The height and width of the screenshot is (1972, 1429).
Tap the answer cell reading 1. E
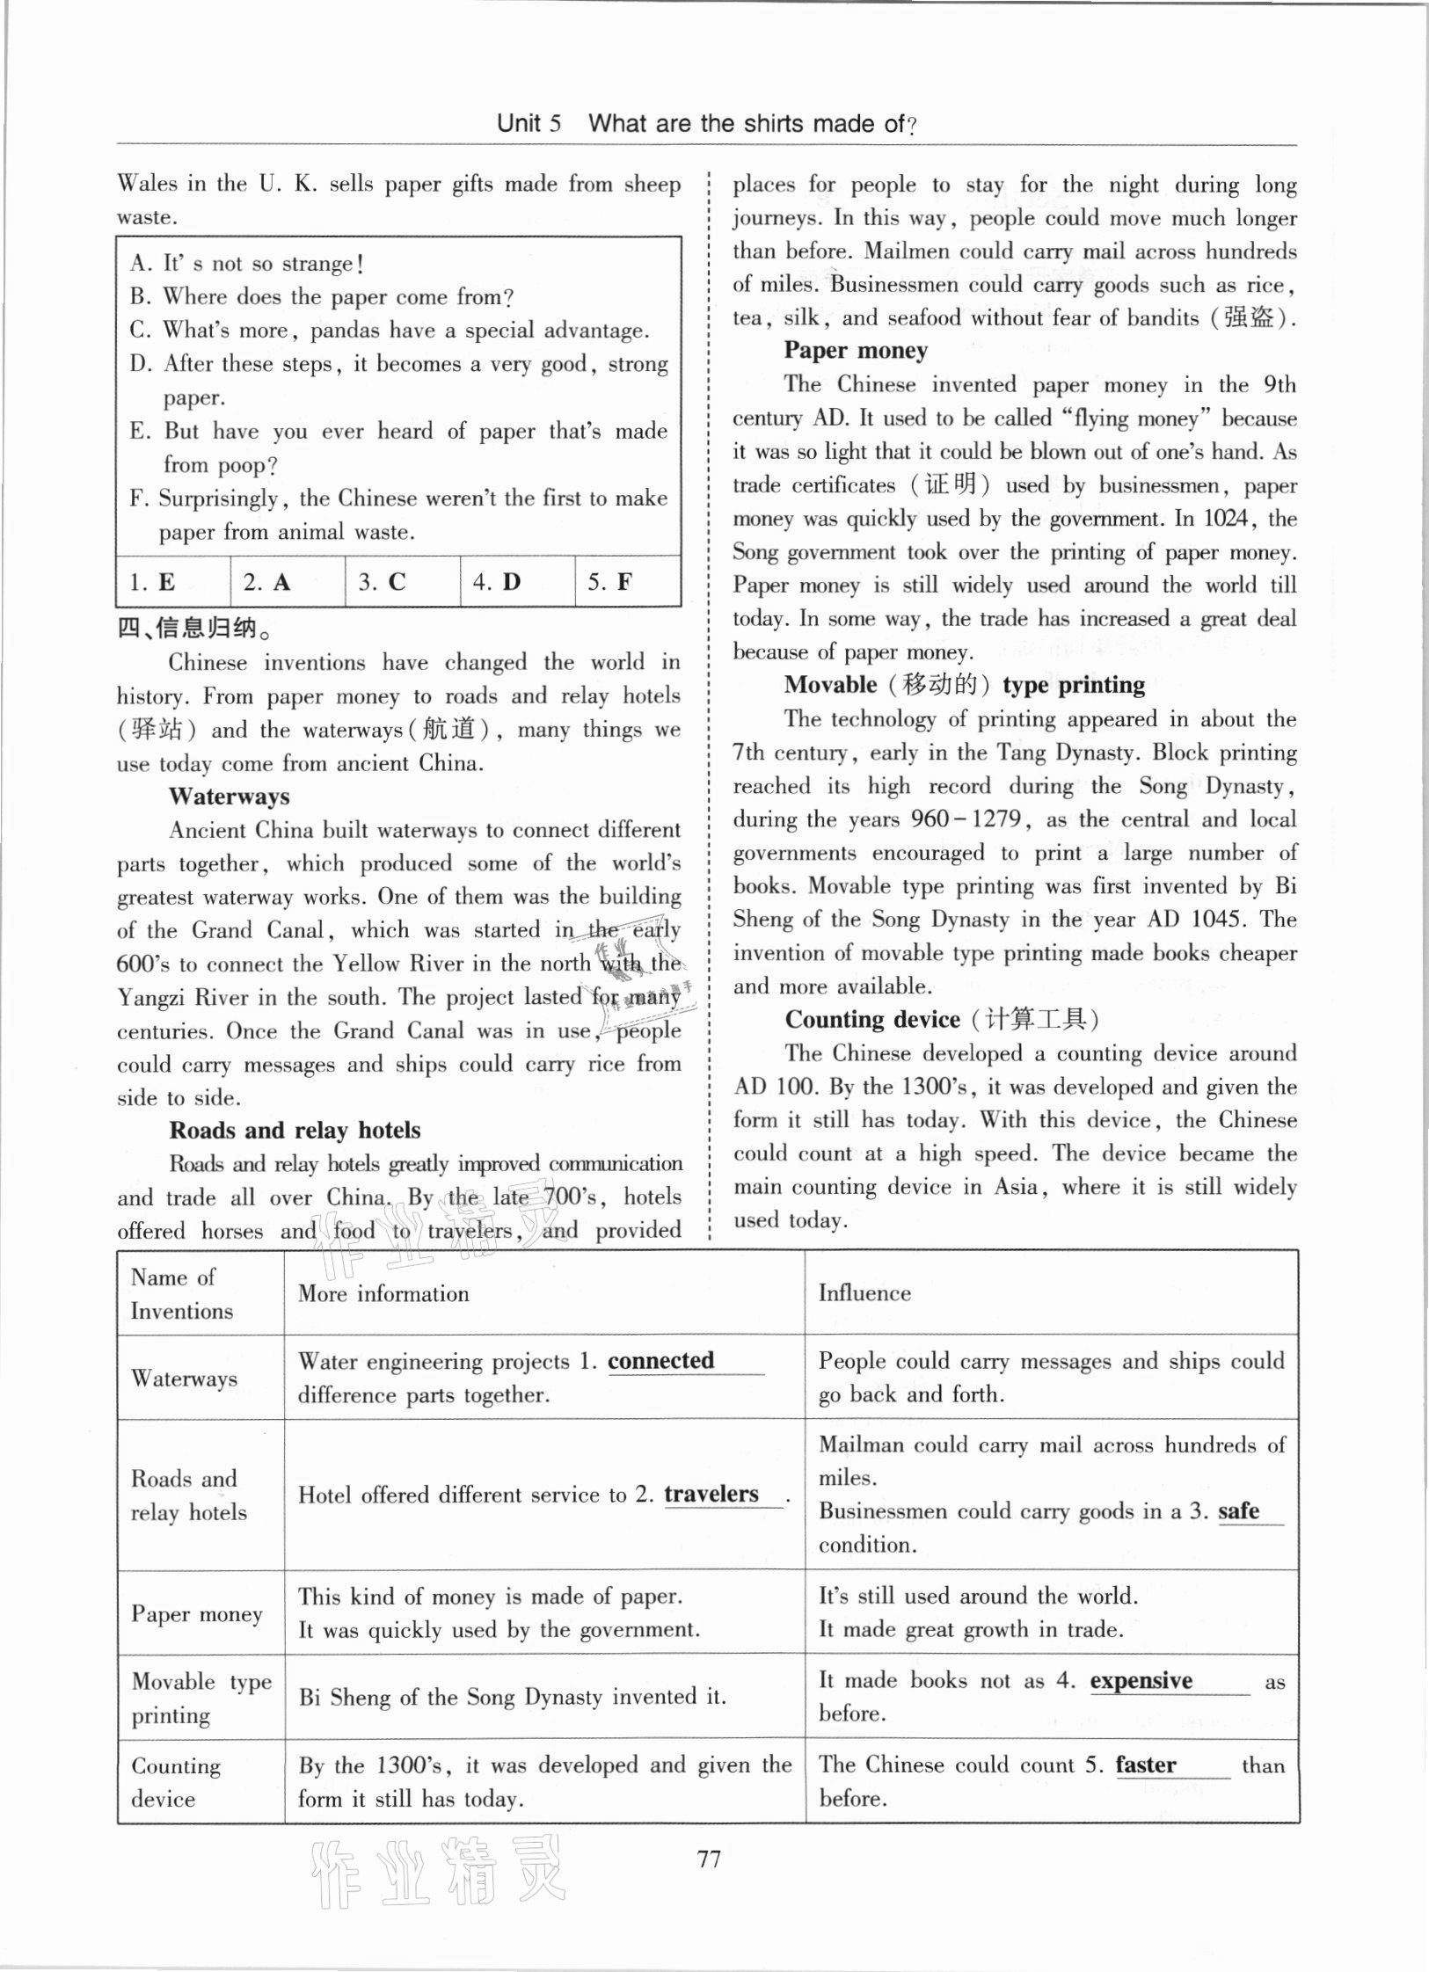pos(172,582)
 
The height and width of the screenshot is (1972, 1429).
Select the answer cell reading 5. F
pos(627,582)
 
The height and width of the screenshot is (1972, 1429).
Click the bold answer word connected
pos(660,1361)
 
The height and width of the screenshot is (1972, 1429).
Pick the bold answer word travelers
pos(711,1495)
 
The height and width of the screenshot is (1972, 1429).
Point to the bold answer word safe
pos(1238,1511)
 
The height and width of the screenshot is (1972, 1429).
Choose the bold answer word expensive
pos(1141,1681)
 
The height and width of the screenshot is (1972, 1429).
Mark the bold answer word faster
pos(1145,1765)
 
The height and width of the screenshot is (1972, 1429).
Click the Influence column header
pos(864,1293)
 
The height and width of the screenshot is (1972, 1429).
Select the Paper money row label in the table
pos(197,1614)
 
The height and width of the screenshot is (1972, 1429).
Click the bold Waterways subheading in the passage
pos(229,797)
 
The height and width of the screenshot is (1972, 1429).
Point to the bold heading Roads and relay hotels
pos(295,1131)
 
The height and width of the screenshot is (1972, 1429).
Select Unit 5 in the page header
pos(529,123)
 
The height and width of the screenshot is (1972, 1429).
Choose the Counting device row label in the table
pos(176,1782)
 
